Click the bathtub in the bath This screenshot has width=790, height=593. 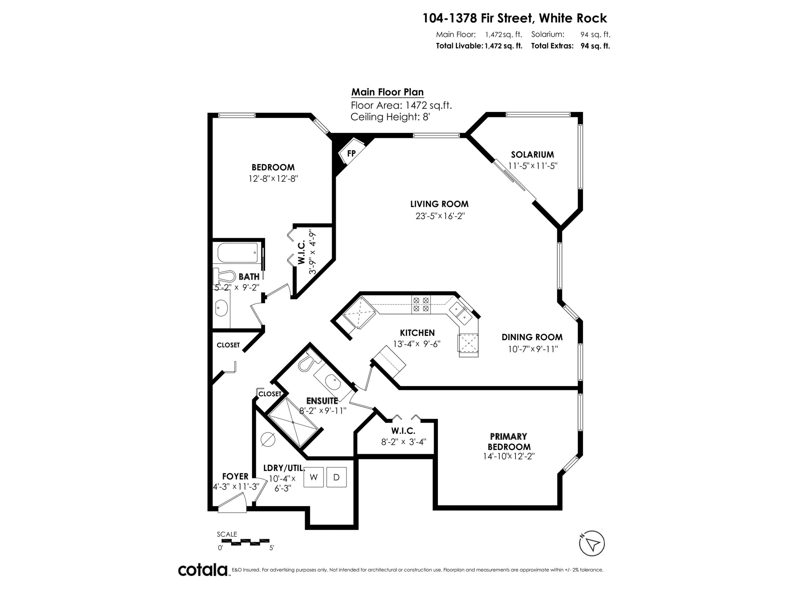(238, 253)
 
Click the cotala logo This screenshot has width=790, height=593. (203, 570)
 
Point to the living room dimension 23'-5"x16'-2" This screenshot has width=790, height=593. (439, 216)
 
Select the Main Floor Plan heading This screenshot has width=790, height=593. (388, 92)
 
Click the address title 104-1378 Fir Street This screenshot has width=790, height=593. (514, 18)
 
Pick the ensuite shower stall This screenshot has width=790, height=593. (293, 422)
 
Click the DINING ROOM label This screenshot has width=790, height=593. (532, 337)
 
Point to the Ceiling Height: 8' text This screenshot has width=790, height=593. (390, 117)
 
